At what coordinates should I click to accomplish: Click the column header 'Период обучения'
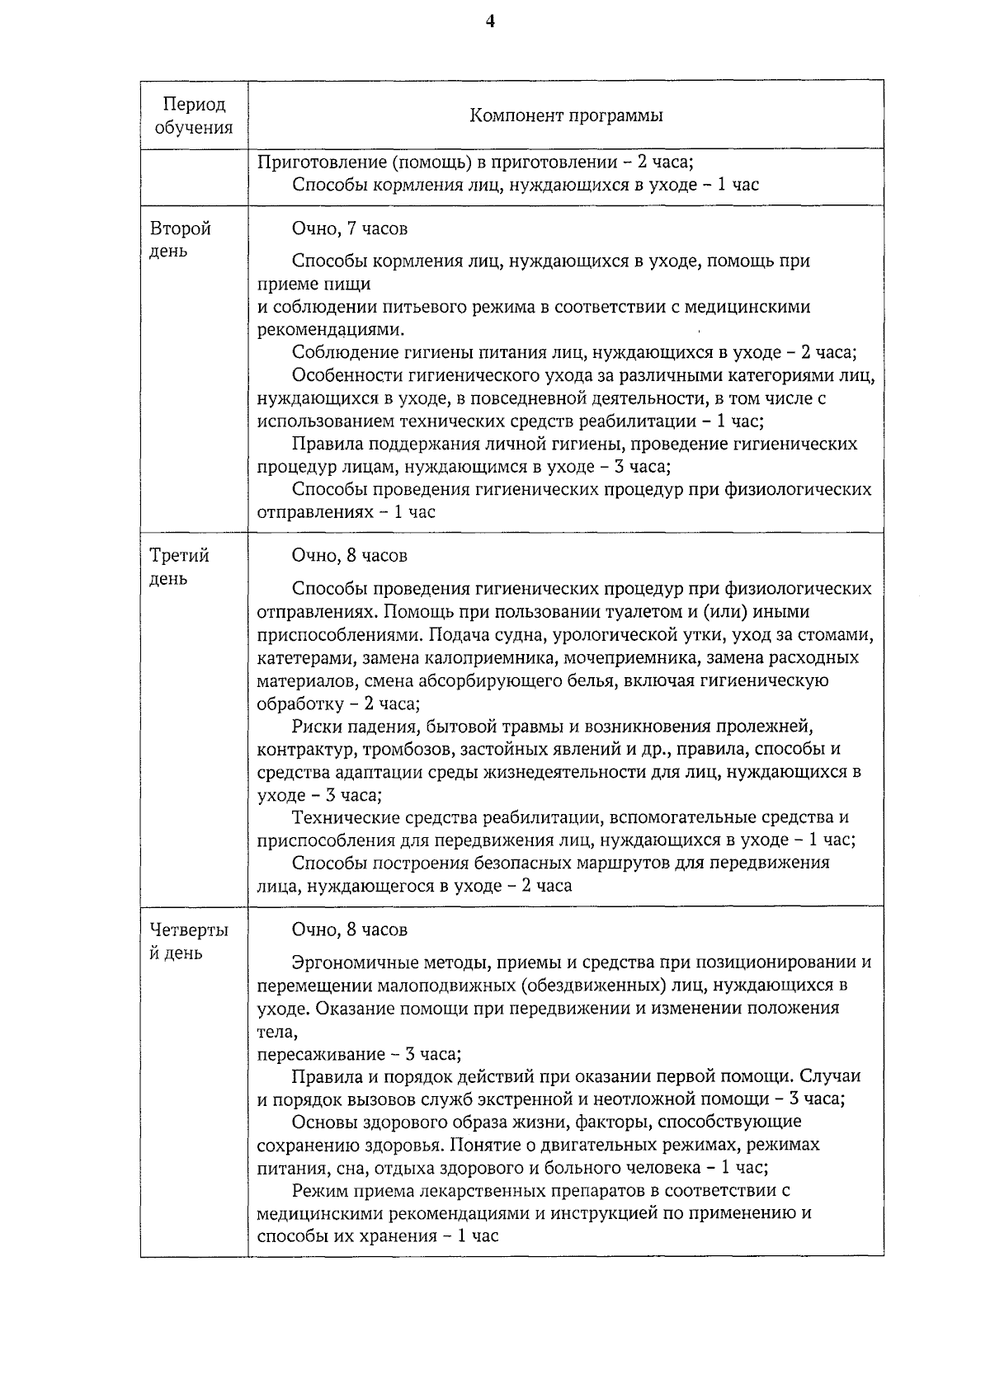point(194,115)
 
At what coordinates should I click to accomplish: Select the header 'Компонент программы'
point(566,115)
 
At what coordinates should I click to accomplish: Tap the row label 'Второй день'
point(180,239)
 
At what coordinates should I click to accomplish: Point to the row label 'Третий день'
point(179,567)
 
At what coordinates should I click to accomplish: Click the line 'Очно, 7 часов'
point(349,228)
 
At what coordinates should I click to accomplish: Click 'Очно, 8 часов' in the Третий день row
point(349,555)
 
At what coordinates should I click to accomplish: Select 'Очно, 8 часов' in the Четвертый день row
point(349,929)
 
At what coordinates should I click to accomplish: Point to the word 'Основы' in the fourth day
point(323,1122)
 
